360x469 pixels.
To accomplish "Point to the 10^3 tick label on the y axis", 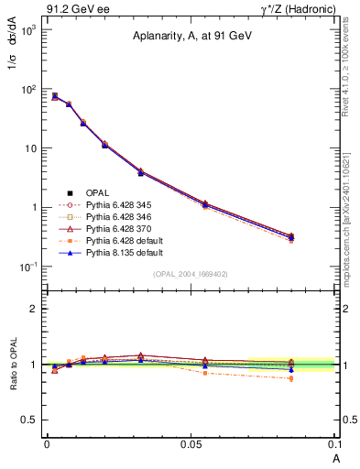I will [x=27, y=30].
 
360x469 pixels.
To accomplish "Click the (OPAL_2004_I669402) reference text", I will [x=191, y=274].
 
